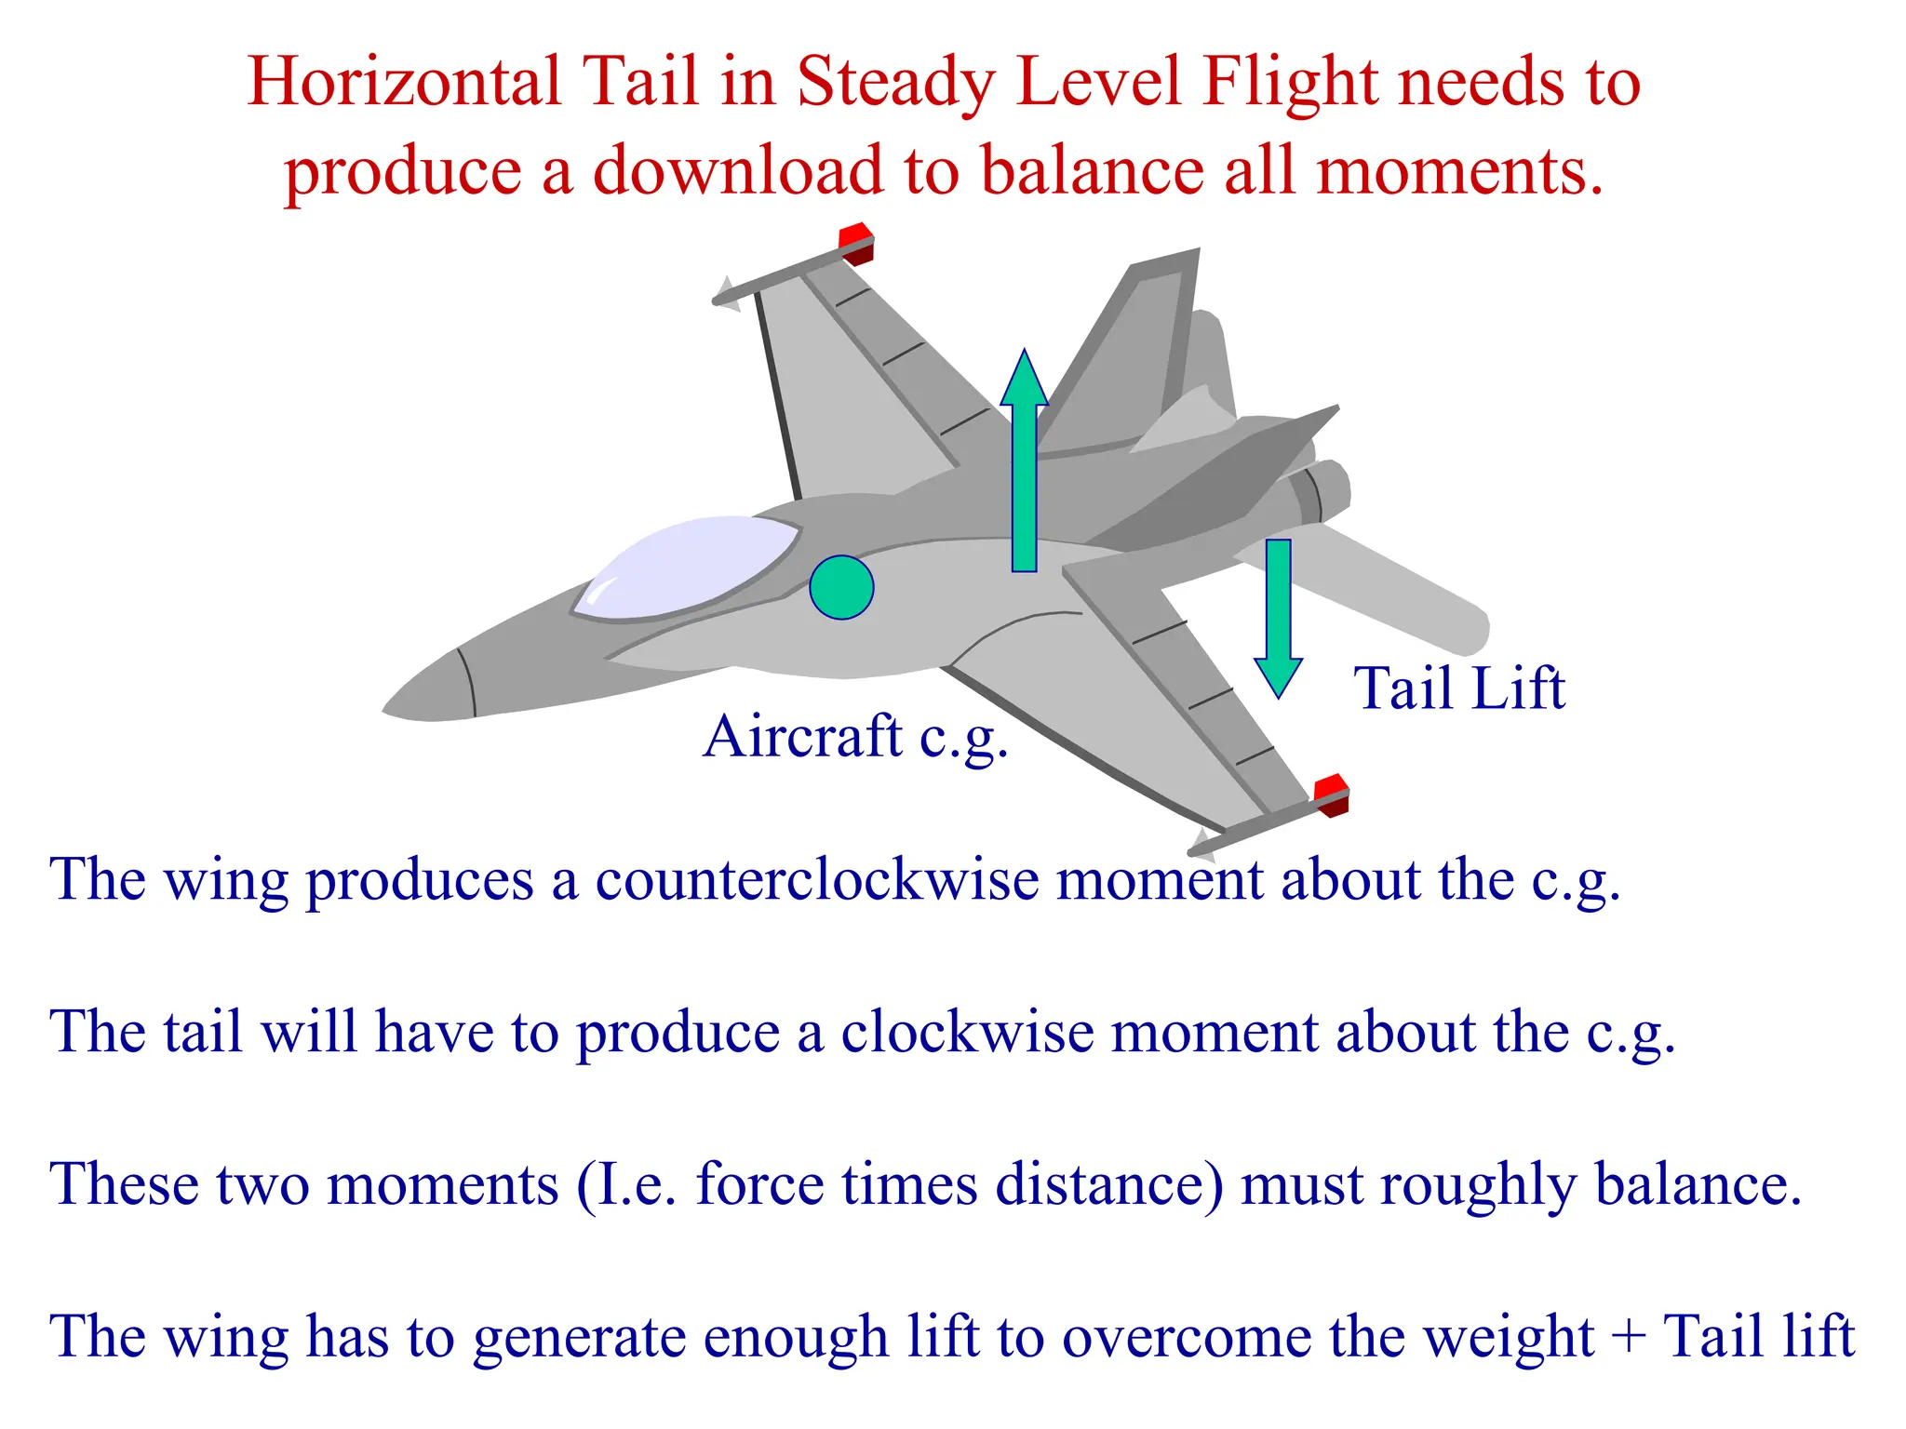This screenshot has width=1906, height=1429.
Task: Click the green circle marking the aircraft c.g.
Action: tap(841, 587)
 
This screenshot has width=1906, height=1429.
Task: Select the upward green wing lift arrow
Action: tap(1024, 465)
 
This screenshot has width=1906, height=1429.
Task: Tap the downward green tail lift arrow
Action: tap(1278, 614)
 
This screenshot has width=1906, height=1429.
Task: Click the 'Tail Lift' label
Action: tap(1458, 688)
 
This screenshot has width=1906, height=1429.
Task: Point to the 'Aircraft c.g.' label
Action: tap(855, 738)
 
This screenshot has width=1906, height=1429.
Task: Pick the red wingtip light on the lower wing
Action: tap(1332, 794)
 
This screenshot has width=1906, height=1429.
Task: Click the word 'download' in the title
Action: tap(738, 172)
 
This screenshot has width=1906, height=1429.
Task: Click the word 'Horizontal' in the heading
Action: tap(403, 82)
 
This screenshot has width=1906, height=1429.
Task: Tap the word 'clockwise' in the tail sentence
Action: tap(967, 1032)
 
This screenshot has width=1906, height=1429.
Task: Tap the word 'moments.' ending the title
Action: tap(1460, 172)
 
